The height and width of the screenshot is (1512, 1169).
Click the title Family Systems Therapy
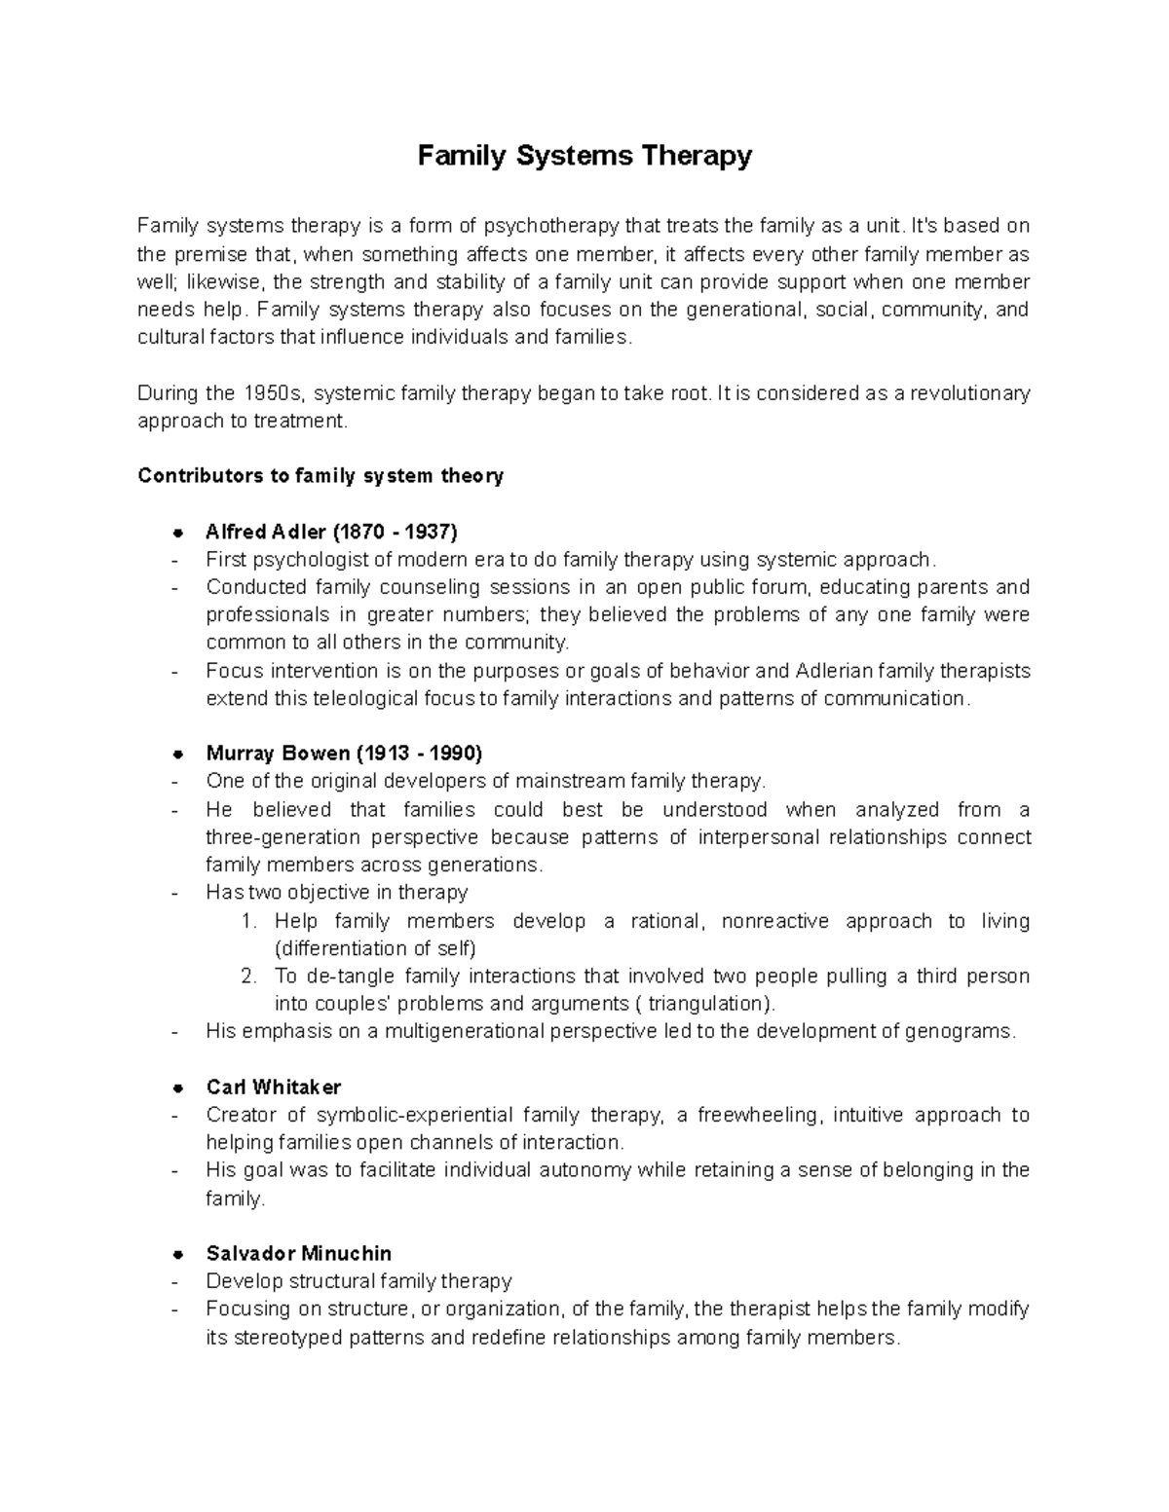(584, 156)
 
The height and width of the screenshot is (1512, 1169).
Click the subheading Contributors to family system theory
(321, 476)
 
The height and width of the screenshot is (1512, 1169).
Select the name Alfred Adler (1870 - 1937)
(331, 532)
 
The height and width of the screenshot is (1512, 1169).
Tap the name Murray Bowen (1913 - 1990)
(344, 754)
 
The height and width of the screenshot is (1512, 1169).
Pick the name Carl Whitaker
(274, 1087)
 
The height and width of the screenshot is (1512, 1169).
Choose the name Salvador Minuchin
(299, 1253)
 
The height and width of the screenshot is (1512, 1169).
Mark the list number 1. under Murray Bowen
(247, 921)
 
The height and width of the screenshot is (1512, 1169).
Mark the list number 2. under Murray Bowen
(247, 977)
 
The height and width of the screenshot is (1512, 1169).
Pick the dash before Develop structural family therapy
(175, 1281)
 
